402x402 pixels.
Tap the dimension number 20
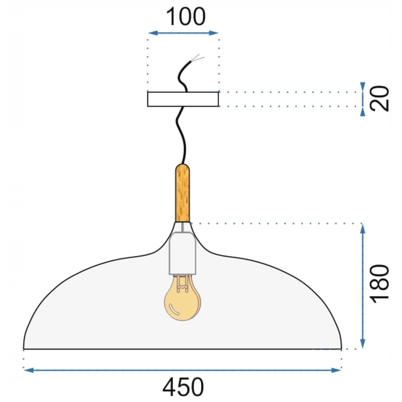[x=381, y=99]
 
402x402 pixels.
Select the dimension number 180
[x=379, y=284]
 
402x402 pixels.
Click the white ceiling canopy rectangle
[x=183, y=99]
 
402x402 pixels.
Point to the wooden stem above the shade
[x=183, y=193]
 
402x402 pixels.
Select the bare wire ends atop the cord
[x=197, y=58]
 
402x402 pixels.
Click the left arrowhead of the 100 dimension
[x=152, y=33]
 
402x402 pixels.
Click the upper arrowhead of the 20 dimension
[x=363, y=86]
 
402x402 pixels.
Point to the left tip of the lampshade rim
[x=24, y=348]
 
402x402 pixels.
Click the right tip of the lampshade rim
[x=341, y=348]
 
